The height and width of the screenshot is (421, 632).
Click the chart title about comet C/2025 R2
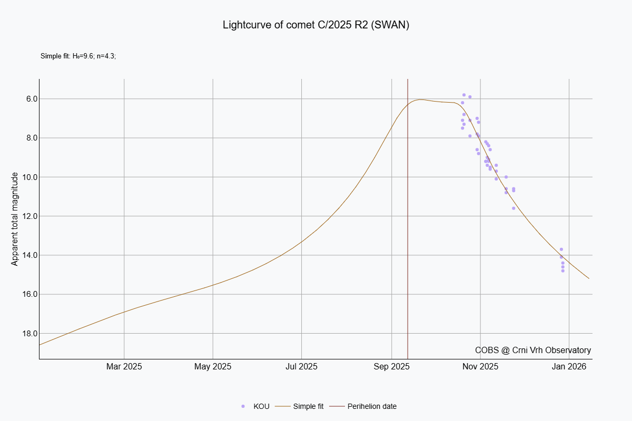click(x=316, y=25)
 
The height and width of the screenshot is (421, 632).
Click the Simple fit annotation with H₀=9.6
click(x=78, y=56)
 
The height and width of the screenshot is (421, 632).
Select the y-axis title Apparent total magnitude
click(x=15, y=219)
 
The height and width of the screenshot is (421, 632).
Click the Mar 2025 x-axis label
click(x=124, y=366)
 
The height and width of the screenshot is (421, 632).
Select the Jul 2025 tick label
click(x=301, y=366)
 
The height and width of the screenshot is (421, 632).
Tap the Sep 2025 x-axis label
click(x=391, y=366)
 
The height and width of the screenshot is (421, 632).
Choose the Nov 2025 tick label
click(x=480, y=366)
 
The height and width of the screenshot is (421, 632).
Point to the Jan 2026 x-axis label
click(x=569, y=366)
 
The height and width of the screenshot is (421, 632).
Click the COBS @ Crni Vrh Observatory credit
click(x=532, y=350)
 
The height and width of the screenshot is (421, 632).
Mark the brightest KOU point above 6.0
click(x=464, y=95)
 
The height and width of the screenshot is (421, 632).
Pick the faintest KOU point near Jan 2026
click(x=563, y=270)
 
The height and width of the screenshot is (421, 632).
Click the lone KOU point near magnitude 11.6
click(x=513, y=208)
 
